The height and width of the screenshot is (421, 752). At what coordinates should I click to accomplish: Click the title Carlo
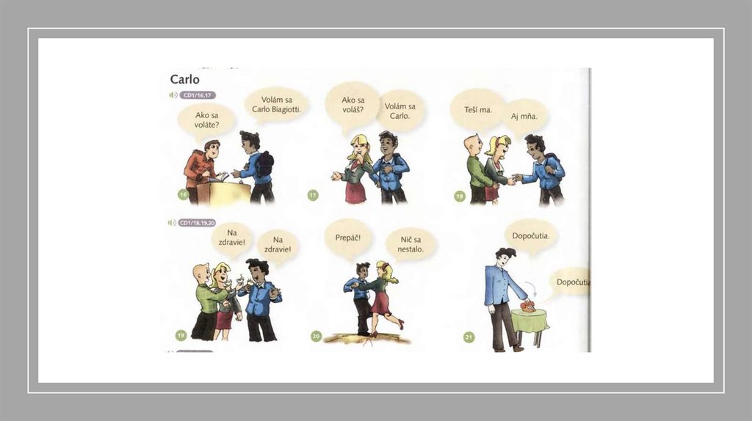pos(184,79)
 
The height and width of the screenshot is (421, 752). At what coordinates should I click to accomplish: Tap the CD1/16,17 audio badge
pos(198,95)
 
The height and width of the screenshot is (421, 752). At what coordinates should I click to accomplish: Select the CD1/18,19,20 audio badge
pos(197,223)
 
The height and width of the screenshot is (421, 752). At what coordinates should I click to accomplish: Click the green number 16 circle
pos(183,194)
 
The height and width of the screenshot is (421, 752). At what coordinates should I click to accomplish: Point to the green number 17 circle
pos(313,195)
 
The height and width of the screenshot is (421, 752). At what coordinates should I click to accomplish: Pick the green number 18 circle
pos(460,196)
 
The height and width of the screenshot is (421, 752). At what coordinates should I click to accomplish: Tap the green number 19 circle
pos(181,335)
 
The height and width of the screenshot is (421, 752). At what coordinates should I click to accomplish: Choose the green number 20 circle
pos(316,336)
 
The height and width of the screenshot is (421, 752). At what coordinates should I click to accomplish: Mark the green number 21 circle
pos(469,337)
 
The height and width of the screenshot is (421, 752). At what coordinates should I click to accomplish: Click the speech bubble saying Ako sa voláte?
pos(206,121)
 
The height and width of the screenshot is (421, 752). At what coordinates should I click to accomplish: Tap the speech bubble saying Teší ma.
pos(477,110)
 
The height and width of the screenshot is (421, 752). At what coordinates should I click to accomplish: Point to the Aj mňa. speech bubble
pos(524,117)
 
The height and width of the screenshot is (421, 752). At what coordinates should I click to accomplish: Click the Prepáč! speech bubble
pos(347,238)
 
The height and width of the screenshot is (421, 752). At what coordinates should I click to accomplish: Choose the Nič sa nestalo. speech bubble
pos(411,244)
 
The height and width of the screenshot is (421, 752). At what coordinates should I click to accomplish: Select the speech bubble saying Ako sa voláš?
pos(352,106)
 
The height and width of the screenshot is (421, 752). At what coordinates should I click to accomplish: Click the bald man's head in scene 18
pos(472,144)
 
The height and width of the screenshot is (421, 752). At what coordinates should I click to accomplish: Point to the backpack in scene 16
pos(264,164)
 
